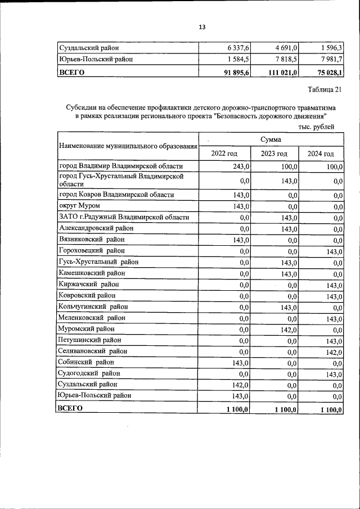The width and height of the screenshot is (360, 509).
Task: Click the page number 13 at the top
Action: tap(202, 26)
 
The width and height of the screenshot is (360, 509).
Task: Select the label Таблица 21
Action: tap(325, 89)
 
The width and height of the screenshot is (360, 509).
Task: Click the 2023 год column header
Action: tap(274, 154)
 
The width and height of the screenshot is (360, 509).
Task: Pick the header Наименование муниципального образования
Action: tap(128, 146)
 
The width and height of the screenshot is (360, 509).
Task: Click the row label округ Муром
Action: tap(79, 206)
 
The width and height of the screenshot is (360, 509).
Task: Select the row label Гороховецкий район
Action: tap(92, 250)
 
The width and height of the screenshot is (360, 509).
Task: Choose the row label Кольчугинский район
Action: tap(93, 307)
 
